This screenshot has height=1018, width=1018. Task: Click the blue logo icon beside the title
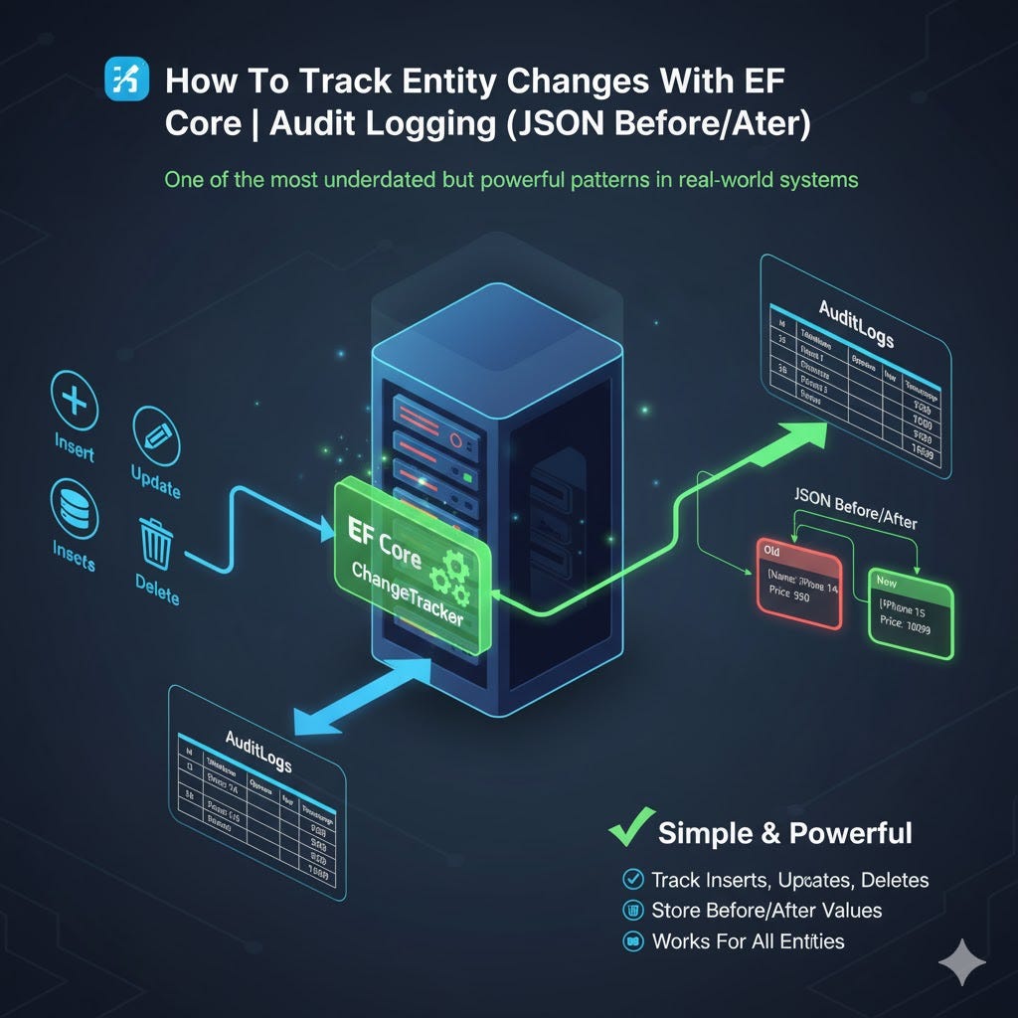[x=125, y=79]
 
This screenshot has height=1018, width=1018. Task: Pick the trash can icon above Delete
[x=156, y=542]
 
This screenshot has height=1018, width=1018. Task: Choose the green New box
[x=910, y=611]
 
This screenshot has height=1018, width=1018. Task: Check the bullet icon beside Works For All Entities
[x=631, y=940]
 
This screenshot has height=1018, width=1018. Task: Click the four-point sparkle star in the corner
[x=961, y=962]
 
